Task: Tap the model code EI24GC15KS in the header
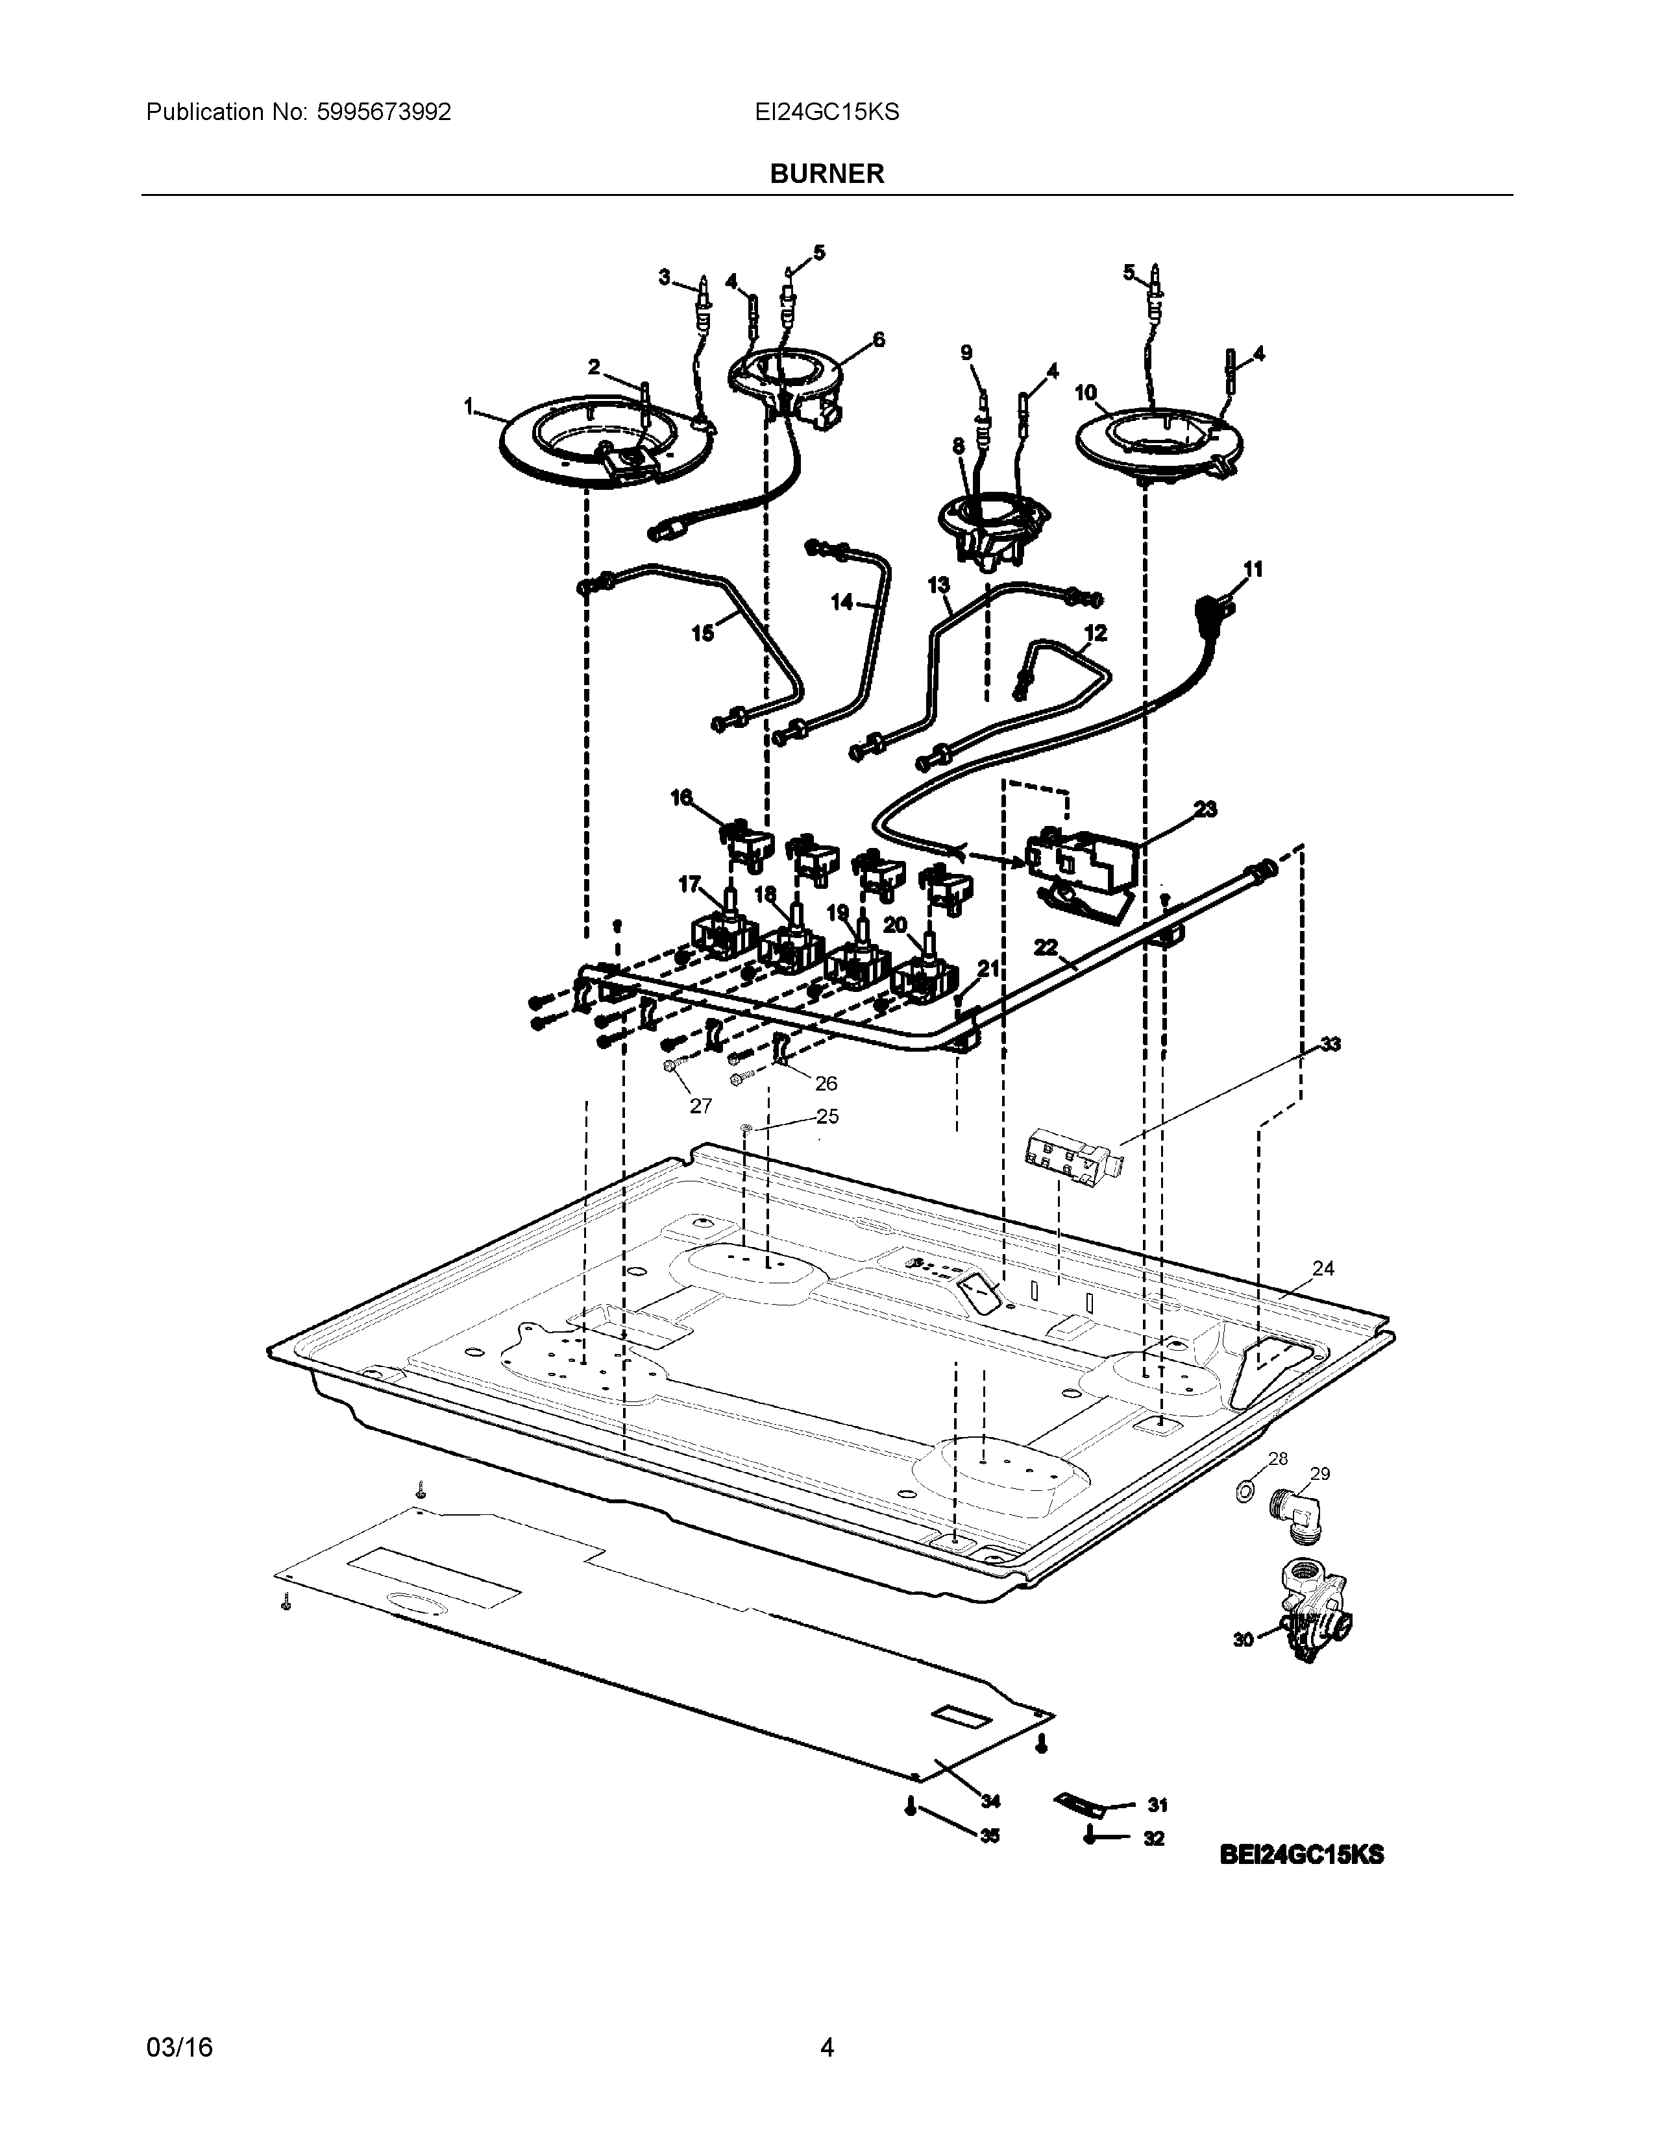point(826,112)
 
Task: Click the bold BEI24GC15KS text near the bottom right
point(1302,1855)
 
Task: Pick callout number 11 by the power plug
point(1253,568)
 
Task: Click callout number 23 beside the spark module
point(1205,809)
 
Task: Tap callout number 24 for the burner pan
point(1323,1268)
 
